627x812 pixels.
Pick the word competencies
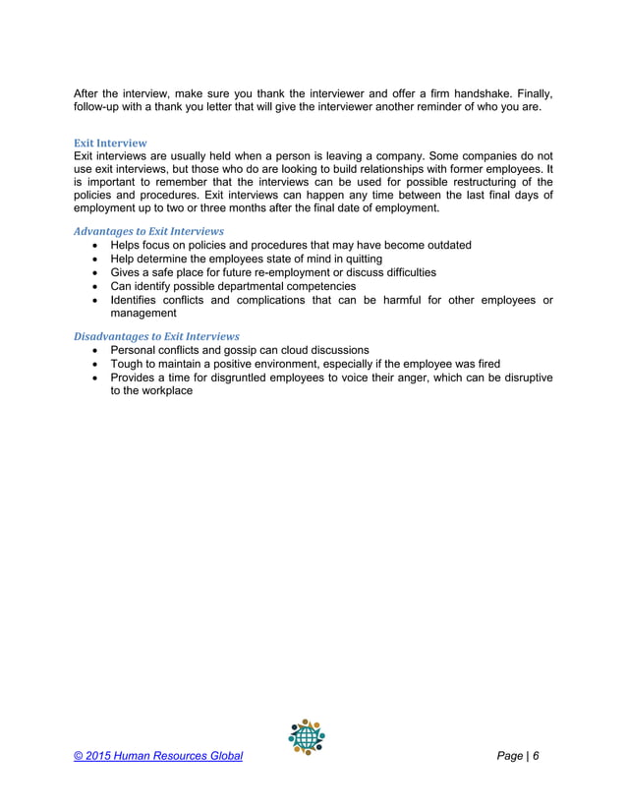312,286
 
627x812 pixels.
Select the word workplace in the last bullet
165,390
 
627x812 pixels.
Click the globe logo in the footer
307,737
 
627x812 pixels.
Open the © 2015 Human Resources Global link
158,756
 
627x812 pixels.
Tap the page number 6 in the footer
537,756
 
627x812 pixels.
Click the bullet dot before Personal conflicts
94,350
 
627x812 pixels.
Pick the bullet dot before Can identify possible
94,286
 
